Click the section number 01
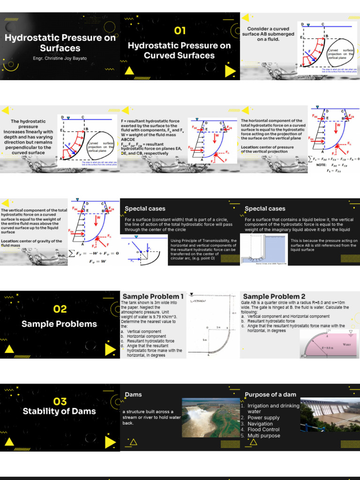pyautogui.click(x=180, y=31)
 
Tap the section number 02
pyautogui.click(x=60, y=309)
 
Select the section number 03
pyautogui.click(x=60, y=401)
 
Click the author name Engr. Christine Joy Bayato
pyautogui.click(x=60, y=59)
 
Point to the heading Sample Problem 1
pyautogui.click(x=153, y=296)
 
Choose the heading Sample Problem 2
pyautogui.click(x=274, y=296)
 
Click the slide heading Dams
pyautogui.click(x=133, y=395)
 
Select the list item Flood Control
pyautogui.click(x=263, y=429)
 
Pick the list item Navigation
pyautogui.click(x=260, y=424)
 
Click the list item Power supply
pyautogui.click(x=263, y=418)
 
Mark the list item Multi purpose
pyautogui.click(x=264, y=435)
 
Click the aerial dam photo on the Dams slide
pyautogui.click(x=210, y=417)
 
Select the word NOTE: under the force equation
pyautogui.click(x=321, y=165)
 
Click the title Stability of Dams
pyautogui.click(x=60, y=412)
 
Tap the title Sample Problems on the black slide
pyautogui.click(x=60, y=324)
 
